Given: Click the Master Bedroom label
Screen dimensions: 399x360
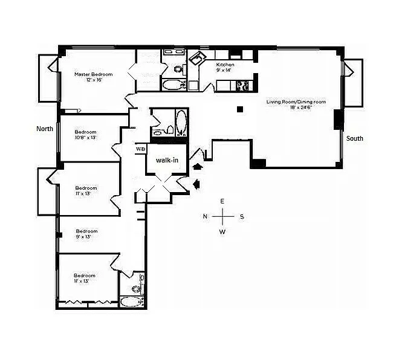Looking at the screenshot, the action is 94,74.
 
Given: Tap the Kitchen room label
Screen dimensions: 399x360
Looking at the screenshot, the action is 224,64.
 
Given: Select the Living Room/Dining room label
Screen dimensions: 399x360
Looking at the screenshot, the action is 296,102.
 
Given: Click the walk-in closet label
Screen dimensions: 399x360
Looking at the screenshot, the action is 166,161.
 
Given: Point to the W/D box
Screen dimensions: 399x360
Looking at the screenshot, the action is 140,149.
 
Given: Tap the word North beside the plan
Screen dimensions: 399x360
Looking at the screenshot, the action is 45,129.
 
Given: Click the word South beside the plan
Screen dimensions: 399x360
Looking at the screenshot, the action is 354,139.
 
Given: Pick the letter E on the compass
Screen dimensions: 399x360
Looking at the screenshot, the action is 222,201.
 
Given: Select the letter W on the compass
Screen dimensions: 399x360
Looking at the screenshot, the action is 222,231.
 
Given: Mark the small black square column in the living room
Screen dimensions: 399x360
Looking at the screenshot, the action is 240,109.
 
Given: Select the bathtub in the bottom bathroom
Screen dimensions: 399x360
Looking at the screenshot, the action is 130,301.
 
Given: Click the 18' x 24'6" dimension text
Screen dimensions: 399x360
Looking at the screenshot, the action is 296,108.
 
